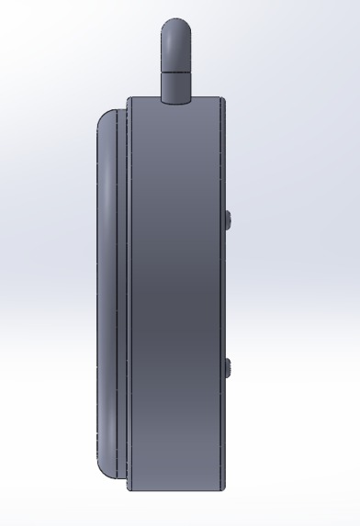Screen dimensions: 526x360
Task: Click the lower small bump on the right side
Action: coord(227,367)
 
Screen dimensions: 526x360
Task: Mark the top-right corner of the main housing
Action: coord(223,99)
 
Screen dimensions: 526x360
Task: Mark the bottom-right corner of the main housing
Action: coord(223,489)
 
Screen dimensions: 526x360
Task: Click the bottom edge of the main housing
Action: coord(174,489)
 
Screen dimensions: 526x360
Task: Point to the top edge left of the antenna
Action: coord(144,99)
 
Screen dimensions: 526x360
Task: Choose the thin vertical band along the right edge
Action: coord(220,294)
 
